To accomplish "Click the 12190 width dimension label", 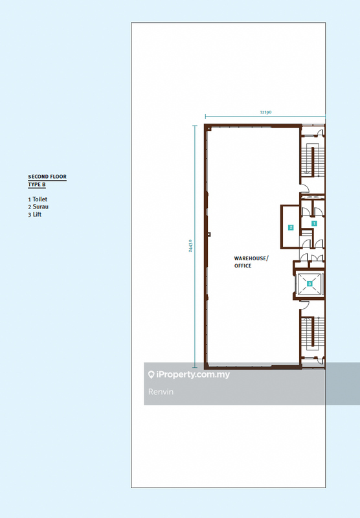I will pyautogui.click(x=265, y=112).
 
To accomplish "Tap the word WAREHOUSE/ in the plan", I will pyautogui.click(x=251, y=258).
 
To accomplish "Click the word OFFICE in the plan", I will pyautogui.click(x=243, y=266).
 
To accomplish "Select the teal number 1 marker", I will pyautogui.click(x=314, y=223).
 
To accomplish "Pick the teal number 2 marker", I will pyautogui.click(x=291, y=227).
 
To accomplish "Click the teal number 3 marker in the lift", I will pyautogui.click(x=310, y=283).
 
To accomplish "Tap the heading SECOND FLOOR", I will pyautogui.click(x=47, y=177).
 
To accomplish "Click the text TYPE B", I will pyautogui.click(x=37, y=185).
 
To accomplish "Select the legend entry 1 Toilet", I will pyautogui.click(x=38, y=199).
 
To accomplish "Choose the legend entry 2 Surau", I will pyautogui.click(x=38, y=207).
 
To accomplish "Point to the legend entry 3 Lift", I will pyautogui.click(x=35, y=214).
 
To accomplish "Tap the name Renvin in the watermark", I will pyautogui.click(x=161, y=392).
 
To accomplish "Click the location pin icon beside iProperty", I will pyautogui.click(x=152, y=374).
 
